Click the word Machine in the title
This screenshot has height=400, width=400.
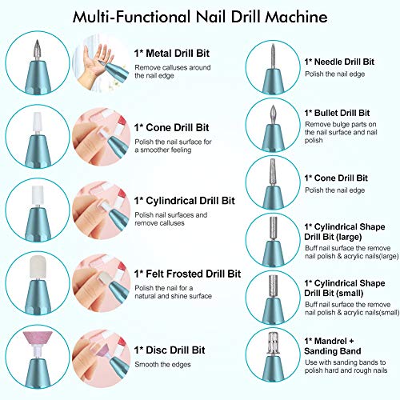296,17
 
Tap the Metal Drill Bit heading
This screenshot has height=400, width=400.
172,54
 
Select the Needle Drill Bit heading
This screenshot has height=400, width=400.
339,62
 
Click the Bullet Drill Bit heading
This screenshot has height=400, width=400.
337,113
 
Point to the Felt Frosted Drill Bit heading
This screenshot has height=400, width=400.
187,274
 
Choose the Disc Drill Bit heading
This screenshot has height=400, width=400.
170,350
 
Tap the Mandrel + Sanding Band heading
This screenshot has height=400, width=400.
333,346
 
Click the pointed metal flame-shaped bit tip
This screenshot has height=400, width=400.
37,50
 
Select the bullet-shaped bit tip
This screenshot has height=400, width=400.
273,114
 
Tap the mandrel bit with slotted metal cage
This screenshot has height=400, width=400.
273,343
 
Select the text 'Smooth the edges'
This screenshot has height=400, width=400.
162,365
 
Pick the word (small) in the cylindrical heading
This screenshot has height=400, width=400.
349,293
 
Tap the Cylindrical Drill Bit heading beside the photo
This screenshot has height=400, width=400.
185,201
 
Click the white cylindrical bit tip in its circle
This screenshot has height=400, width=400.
38,195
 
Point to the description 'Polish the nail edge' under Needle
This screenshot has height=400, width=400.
335,74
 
